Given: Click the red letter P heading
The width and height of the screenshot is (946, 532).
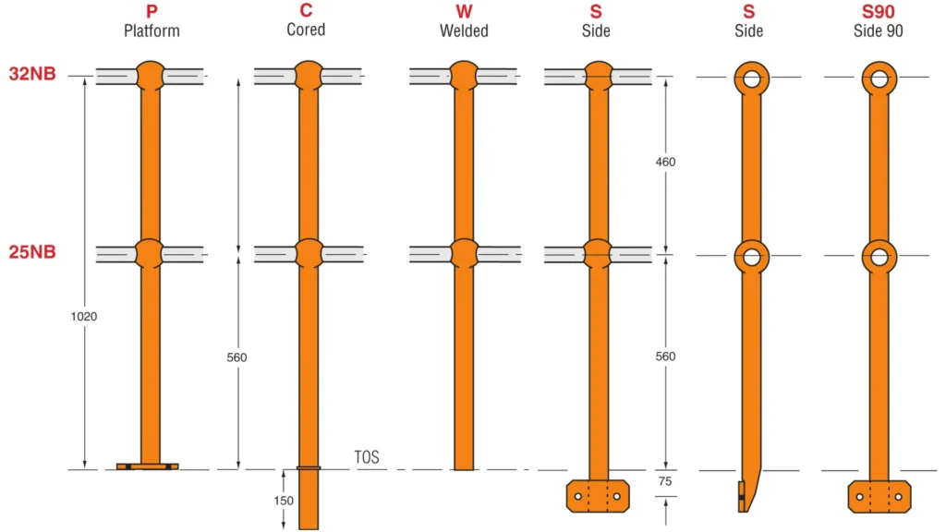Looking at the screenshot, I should pyautogui.click(x=152, y=12).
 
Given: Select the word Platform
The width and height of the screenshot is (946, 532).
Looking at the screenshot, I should pyautogui.click(x=152, y=30).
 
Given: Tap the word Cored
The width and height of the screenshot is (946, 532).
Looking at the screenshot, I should pyautogui.click(x=306, y=30).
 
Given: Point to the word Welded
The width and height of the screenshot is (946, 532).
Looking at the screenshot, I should pyautogui.click(x=464, y=30).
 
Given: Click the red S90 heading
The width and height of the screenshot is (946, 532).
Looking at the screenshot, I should pyautogui.click(x=877, y=12).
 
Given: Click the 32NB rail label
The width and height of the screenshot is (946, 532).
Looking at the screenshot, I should pyautogui.click(x=33, y=73).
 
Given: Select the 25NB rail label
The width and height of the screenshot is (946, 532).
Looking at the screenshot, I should pyautogui.click(x=33, y=251).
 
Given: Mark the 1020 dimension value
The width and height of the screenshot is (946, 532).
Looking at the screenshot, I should pyautogui.click(x=83, y=316).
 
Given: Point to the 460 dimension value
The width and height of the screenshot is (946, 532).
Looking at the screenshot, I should pyautogui.click(x=665, y=162).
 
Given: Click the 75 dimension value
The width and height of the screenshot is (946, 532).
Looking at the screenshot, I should pyautogui.click(x=665, y=482).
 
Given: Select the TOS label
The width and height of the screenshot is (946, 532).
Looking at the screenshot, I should pyautogui.click(x=367, y=457).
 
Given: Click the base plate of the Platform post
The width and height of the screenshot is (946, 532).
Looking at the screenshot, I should pyautogui.click(x=148, y=466).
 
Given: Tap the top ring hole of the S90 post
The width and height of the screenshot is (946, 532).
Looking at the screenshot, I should pyautogui.click(x=879, y=78).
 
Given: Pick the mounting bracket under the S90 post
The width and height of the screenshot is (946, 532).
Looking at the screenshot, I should pyautogui.click(x=879, y=496).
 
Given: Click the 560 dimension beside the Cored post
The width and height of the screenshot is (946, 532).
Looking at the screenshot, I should pyautogui.click(x=236, y=357).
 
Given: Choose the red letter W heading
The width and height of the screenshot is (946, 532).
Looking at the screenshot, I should pyautogui.click(x=464, y=12).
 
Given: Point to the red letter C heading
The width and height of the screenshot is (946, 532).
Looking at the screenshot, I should pyautogui.click(x=306, y=12).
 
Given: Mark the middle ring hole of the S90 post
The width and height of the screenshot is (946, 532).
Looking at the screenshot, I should pyautogui.click(x=879, y=256).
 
